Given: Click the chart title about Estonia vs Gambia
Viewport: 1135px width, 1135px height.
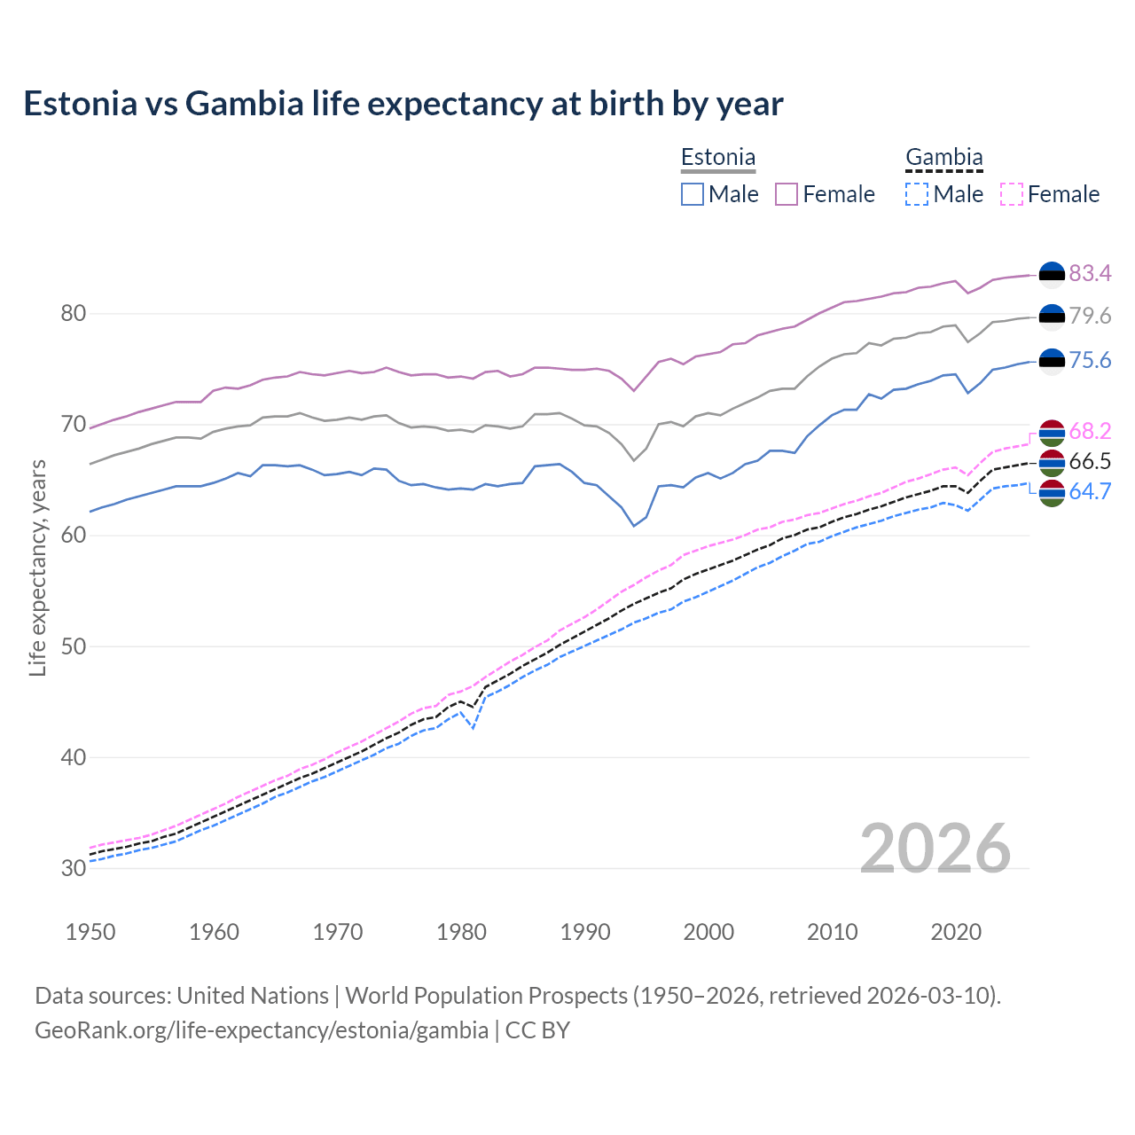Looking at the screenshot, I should (x=403, y=104).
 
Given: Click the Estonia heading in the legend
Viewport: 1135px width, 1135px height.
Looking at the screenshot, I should (x=717, y=158).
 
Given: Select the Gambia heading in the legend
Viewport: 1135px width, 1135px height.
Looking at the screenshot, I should (x=943, y=158).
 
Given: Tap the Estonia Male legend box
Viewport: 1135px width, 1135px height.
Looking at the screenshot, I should (x=693, y=194).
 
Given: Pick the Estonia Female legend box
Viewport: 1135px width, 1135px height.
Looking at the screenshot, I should (x=787, y=194).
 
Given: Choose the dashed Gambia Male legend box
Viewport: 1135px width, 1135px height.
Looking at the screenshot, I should (x=917, y=194).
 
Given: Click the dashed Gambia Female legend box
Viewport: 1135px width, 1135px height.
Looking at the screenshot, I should (x=1012, y=194).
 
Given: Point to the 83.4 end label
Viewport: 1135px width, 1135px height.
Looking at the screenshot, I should (x=1090, y=273).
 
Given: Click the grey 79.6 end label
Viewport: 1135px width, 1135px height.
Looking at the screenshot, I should (x=1090, y=316).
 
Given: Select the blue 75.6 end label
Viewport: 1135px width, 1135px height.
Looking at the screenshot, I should (x=1090, y=360).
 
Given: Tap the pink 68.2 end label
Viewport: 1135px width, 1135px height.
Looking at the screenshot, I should (x=1090, y=432).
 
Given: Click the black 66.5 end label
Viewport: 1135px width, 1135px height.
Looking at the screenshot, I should (x=1090, y=461).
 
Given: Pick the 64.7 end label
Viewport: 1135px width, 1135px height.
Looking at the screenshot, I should (x=1090, y=491).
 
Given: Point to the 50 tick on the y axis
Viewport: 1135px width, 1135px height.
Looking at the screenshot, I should (x=74, y=646).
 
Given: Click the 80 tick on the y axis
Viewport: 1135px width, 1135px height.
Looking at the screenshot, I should (x=74, y=314).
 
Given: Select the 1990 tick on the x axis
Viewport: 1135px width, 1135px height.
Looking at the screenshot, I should (x=585, y=932).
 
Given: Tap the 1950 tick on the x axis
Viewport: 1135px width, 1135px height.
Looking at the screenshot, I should (x=91, y=932).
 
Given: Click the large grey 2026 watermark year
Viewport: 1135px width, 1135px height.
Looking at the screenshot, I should (x=935, y=849).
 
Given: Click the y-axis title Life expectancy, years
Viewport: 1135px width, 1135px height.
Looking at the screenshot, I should (x=37, y=567).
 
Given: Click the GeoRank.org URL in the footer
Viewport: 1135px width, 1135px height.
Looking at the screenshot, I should (x=262, y=1030).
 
